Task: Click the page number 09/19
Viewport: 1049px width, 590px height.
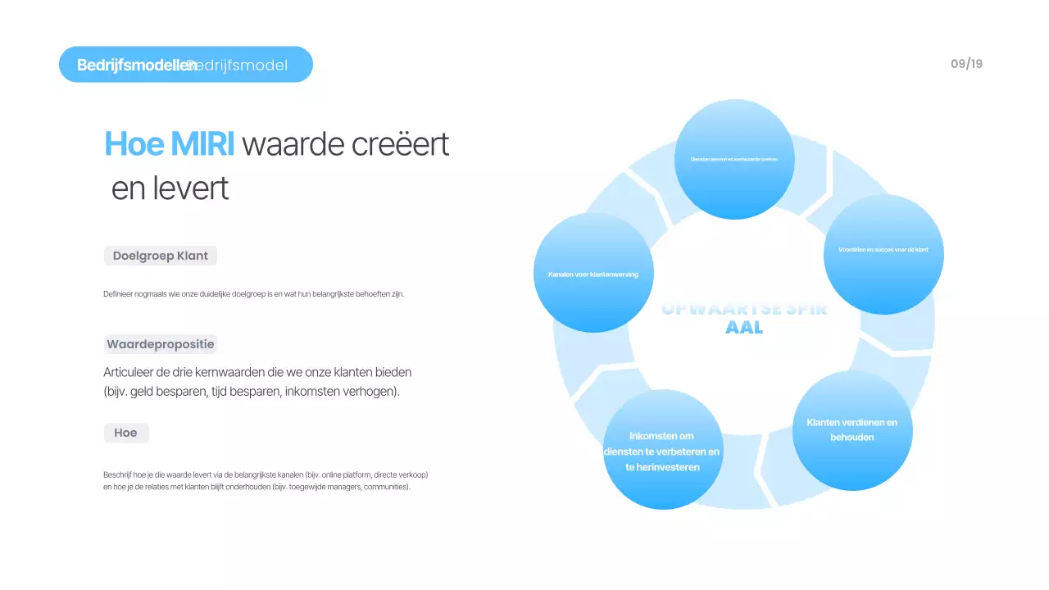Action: (966, 64)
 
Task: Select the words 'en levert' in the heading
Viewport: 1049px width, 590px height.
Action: (170, 188)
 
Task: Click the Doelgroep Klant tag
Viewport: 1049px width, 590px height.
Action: (161, 256)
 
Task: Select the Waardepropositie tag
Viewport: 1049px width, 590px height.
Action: (161, 344)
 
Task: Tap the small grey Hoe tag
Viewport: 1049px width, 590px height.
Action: (126, 433)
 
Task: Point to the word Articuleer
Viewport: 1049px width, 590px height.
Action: (130, 372)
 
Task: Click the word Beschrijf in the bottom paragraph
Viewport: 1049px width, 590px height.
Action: (118, 474)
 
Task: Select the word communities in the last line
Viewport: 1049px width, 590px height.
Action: (388, 487)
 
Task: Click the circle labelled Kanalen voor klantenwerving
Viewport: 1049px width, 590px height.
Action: (593, 273)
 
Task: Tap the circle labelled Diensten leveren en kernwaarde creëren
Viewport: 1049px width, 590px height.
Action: (734, 159)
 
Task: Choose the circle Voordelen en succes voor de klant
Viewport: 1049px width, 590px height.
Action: (883, 254)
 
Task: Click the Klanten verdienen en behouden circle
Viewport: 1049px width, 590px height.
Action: (852, 430)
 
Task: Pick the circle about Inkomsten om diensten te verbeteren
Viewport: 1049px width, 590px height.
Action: (662, 450)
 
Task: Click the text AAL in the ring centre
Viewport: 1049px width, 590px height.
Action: (744, 328)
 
